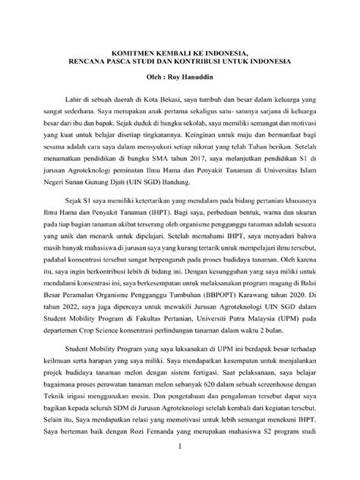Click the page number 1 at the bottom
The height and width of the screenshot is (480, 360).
click(x=179, y=471)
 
